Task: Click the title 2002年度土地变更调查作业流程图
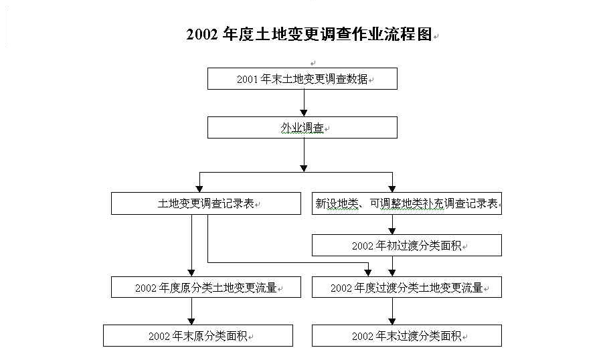[x=309, y=34]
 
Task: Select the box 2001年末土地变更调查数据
[x=302, y=79]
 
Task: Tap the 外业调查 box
[x=302, y=128]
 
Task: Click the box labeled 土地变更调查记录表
[x=206, y=203]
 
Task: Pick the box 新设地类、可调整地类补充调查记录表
[x=407, y=203]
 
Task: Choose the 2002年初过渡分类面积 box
[x=407, y=245]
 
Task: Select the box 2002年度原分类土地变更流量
[x=206, y=287]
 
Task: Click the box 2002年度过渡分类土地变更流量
[x=407, y=287]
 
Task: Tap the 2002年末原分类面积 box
[x=198, y=335]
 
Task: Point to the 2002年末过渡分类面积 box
[x=407, y=335]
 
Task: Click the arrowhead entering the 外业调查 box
[x=304, y=113]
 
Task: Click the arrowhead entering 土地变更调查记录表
[x=199, y=189]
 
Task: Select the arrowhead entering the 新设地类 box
[x=392, y=189]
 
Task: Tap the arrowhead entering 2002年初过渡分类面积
[x=392, y=231]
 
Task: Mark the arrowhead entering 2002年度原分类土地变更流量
[x=191, y=273]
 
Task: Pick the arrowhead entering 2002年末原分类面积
[x=191, y=321]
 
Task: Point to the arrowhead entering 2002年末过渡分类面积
[x=392, y=321]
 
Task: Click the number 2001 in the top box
[x=248, y=80]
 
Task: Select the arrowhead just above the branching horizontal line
[x=304, y=169]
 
